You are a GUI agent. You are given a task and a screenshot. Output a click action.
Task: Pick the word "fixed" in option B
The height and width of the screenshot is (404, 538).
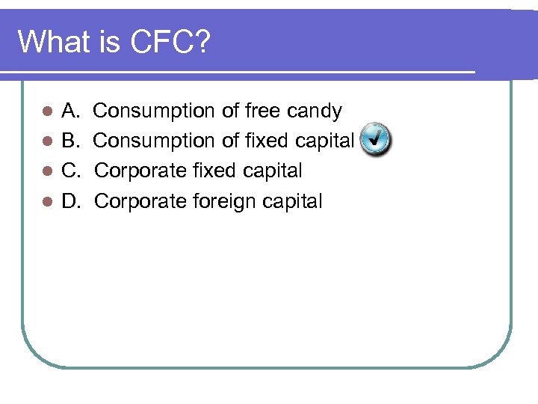tap(265, 141)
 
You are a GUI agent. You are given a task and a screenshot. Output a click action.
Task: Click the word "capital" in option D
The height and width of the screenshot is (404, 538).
tap(293, 201)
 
